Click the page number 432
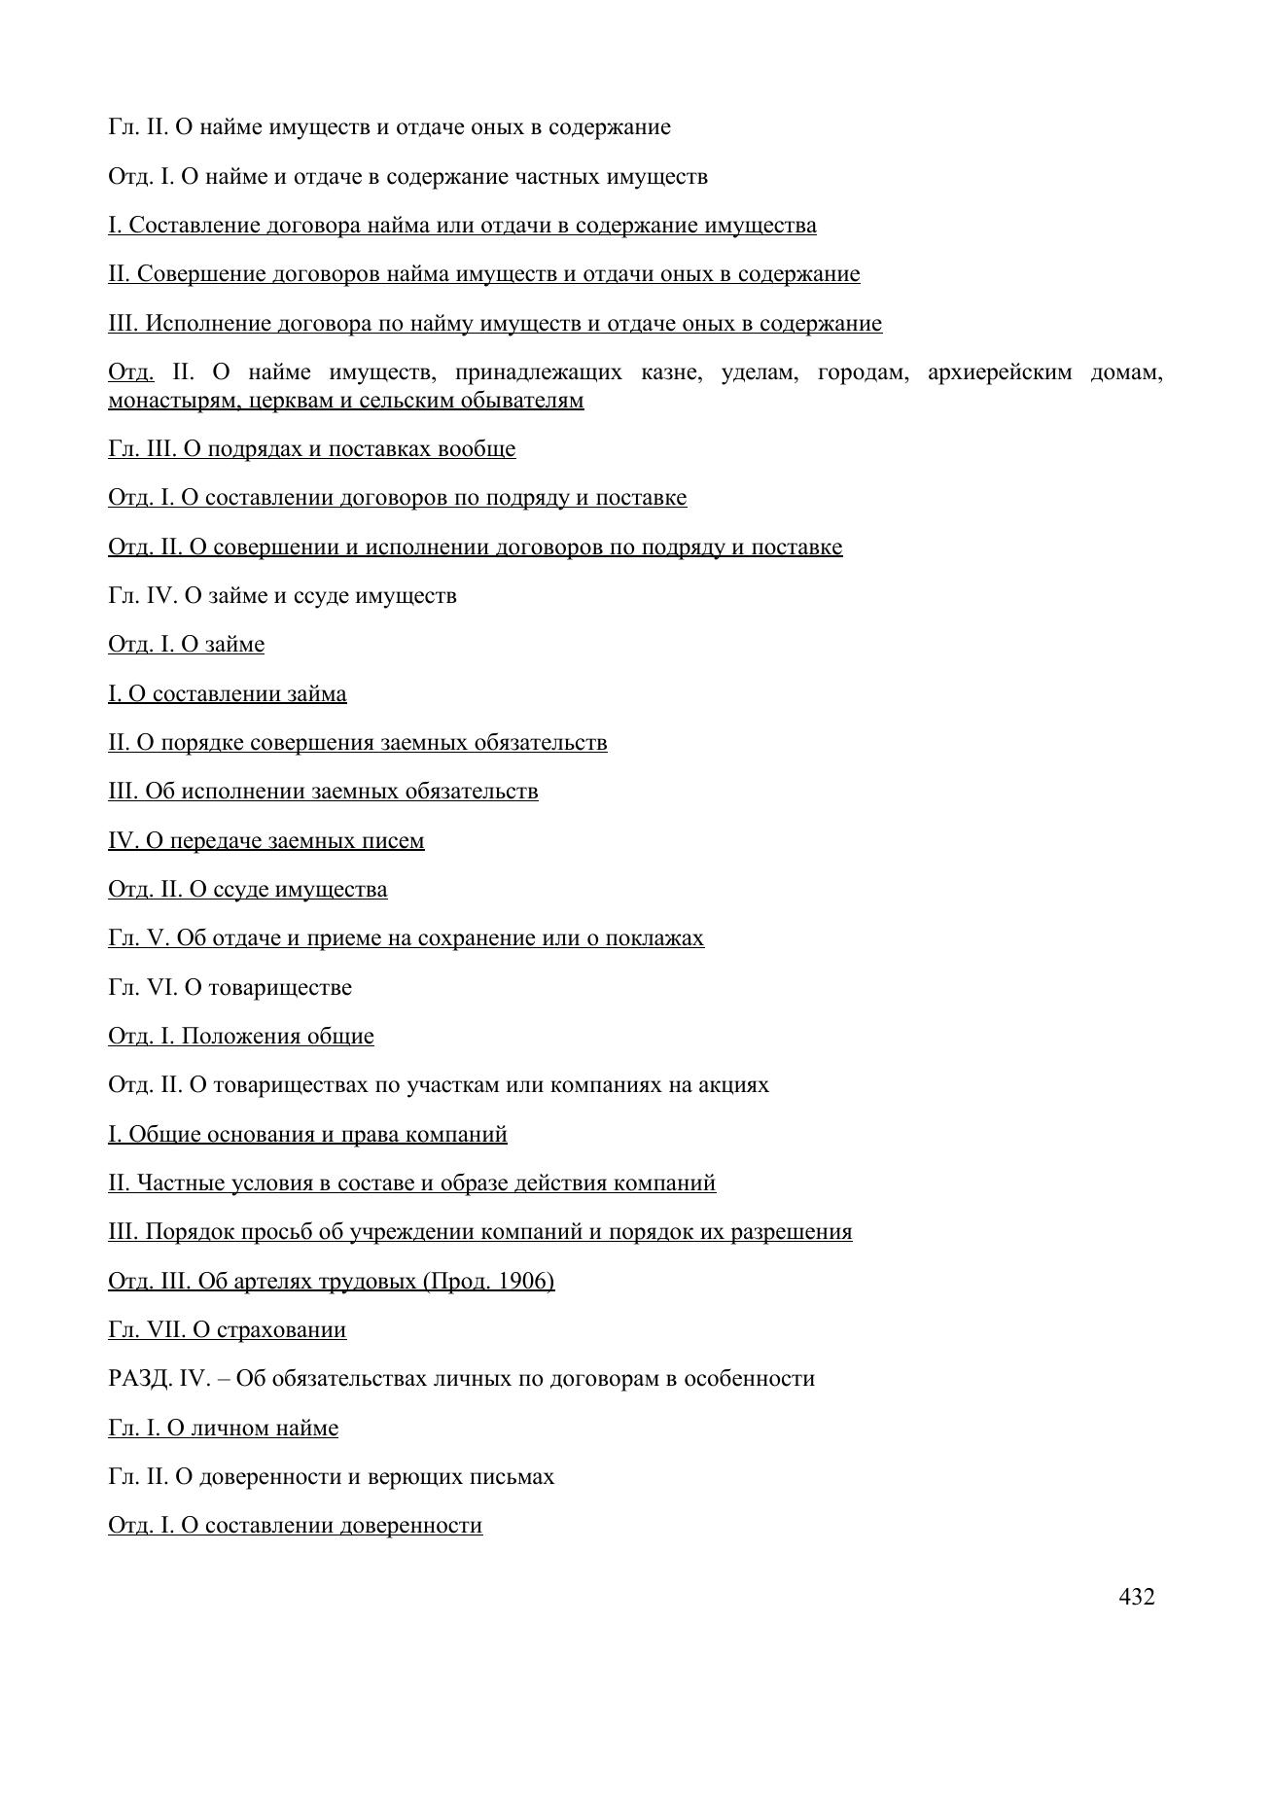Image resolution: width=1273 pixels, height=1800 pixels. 1136,1597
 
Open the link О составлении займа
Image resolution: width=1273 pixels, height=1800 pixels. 227,694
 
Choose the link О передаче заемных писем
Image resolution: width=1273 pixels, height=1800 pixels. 265,841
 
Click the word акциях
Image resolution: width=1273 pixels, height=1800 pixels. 732,1085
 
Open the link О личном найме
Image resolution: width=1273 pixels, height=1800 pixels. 223,1429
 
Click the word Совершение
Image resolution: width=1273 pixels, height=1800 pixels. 200,274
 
